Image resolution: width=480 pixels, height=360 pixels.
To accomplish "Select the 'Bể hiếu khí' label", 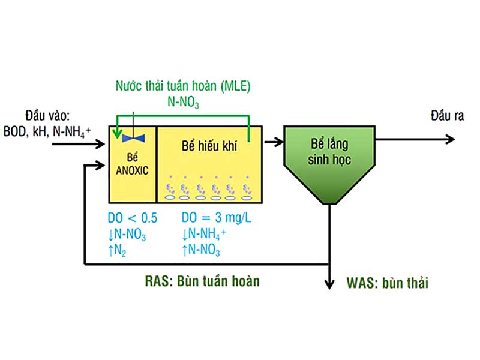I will click(209, 146).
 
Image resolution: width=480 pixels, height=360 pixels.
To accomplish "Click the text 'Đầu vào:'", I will click(47, 115).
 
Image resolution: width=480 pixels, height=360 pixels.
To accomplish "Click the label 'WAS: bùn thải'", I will click(388, 283).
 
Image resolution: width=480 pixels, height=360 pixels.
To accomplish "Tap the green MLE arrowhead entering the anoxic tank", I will click(118, 136).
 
